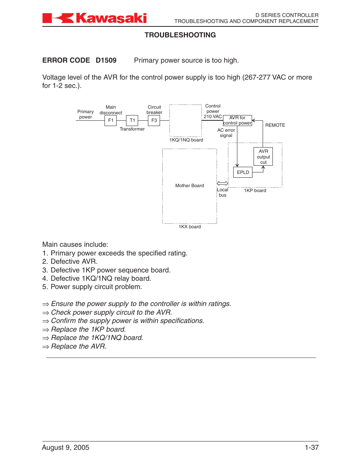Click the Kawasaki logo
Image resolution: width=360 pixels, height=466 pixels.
(x=94, y=18)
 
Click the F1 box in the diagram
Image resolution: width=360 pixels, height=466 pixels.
(x=111, y=120)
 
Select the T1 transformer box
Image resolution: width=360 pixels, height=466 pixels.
(x=132, y=120)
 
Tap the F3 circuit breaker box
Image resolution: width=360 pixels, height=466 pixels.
(x=154, y=120)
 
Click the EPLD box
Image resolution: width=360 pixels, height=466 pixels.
(x=243, y=172)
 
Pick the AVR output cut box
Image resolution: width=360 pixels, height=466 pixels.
(x=263, y=157)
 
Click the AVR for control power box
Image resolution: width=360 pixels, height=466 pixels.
(x=237, y=120)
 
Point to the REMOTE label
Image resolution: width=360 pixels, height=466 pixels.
(x=275, y=125)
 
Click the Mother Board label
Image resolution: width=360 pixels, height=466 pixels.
(x=189, y=186)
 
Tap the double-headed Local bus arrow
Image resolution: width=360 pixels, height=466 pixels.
(x=223, y=183)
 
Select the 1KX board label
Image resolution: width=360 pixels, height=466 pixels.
(x=190, y=227)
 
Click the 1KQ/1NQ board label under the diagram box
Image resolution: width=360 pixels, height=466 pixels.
(x=186, y=140)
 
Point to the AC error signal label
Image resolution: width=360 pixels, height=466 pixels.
(x=226, y=133)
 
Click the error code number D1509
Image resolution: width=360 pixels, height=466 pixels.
(x=106, y=60)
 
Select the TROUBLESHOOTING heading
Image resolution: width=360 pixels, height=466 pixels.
(x=180, y=35)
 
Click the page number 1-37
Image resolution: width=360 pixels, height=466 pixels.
(x=312, y=448)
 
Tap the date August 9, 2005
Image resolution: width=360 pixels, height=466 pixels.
(x=66, y=448)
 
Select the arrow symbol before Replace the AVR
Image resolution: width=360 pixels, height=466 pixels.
(x=46, y=347)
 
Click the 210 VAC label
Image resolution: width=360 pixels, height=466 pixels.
(x=213, y=117)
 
